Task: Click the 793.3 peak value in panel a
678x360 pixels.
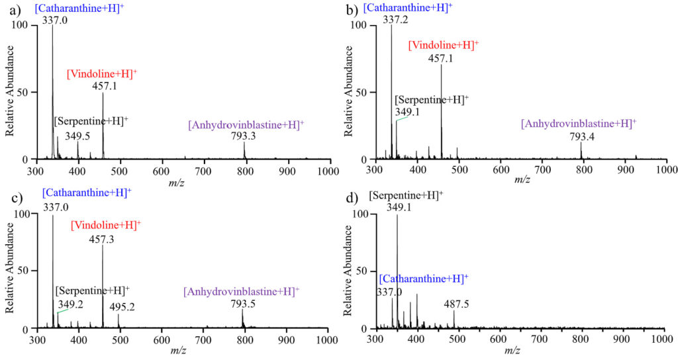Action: [x=244, y=136]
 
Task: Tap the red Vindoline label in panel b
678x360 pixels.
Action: [x=443, y=46]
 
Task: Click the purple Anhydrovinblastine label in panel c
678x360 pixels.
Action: [x=242, y=292]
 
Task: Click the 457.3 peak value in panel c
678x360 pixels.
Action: [x=103, y=239]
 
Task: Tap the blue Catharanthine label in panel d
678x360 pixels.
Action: [x=424, y=279]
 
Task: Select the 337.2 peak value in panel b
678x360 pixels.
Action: [x=395, y=20]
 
